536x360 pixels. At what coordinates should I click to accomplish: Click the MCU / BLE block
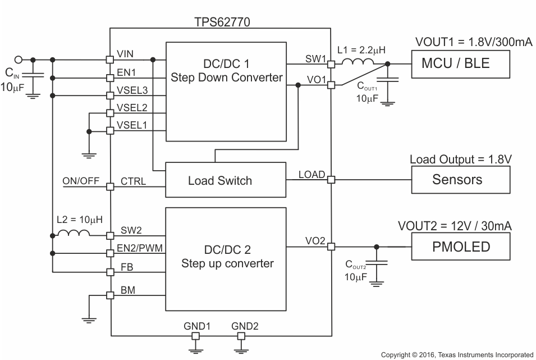tap(460, 63)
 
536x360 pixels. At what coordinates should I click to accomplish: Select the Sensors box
tap(460, 180)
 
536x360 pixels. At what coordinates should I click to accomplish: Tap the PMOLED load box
tap(460, 247)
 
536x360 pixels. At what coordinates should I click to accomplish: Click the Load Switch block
tap(220, 180)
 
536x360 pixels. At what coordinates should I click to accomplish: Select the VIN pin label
tap(126, 54)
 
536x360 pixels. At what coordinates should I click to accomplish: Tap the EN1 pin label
tap(126, 72)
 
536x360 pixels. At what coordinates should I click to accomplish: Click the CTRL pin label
tap(133, 181)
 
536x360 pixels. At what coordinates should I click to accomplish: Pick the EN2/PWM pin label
tap(140, 247)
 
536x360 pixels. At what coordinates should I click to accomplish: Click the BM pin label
tap(127, 290)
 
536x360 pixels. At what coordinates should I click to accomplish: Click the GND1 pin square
tap(196, 336)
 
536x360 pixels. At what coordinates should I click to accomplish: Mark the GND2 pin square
tap(242, 336)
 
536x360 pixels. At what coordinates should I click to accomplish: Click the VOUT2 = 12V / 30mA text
tap(455, 226)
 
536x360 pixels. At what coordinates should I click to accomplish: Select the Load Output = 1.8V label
tap(460, 160)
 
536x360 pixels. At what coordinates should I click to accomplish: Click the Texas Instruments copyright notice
tap(457, 354)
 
